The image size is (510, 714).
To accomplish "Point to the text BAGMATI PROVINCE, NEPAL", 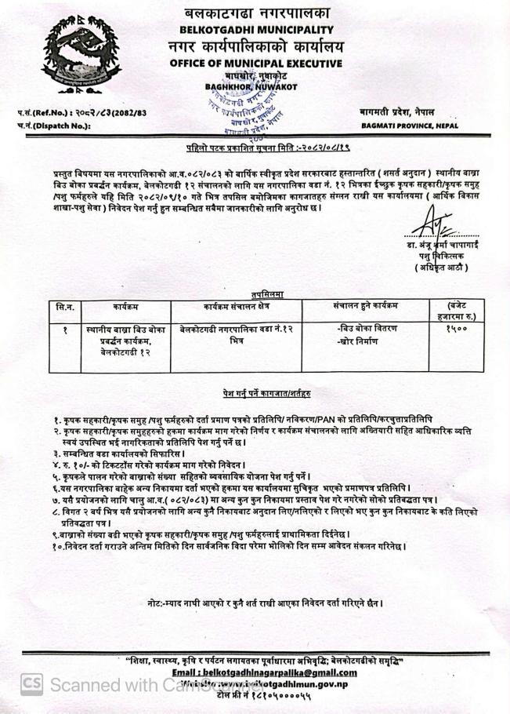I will [409, 125].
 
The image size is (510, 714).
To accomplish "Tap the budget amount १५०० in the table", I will [454, 329].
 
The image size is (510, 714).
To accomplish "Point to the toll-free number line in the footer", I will [264, 695].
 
